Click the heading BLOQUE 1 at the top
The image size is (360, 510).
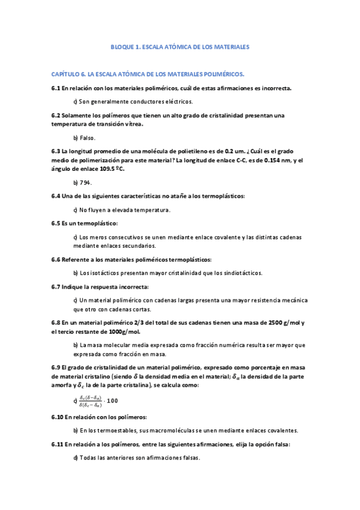point(180,46)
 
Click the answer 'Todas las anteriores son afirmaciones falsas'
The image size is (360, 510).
point(139,458)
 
